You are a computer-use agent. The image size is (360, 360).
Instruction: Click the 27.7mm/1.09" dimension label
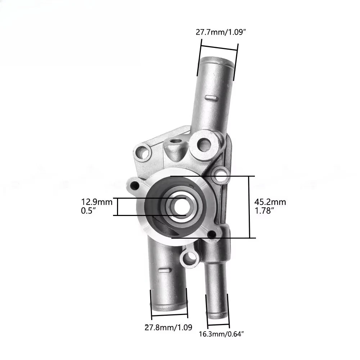click(x=220, y=32)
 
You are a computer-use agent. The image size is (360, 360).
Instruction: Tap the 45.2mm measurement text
click(x=270, y=202)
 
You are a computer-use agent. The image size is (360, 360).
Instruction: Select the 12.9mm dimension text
click(x=96, y=202)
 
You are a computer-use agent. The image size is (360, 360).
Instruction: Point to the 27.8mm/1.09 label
click(x=168, y=327)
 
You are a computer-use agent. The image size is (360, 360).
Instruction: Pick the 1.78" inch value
click(x=265, y=211)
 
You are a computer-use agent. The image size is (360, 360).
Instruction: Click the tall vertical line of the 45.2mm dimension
click(x=249, y=207)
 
